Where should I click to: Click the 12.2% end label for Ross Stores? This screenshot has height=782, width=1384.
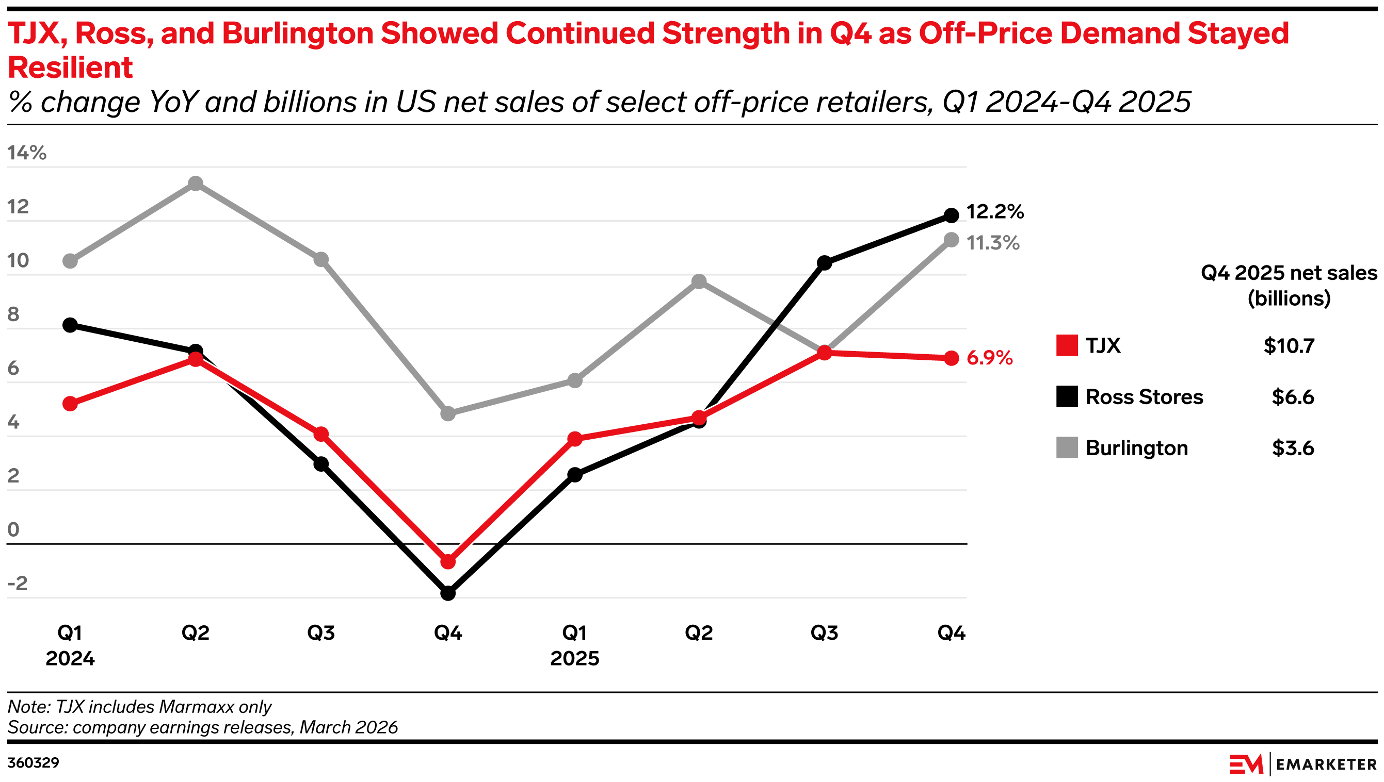pos(994,212)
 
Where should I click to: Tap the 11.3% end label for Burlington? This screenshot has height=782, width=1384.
pos(992,243)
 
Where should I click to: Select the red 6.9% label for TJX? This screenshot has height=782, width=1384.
pos(989,358)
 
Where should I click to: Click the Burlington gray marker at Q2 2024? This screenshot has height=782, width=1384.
pos(196,184)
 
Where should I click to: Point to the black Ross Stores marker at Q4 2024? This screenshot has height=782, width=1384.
pos(448,593)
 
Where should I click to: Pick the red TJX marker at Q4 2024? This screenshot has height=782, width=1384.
pos(448,562)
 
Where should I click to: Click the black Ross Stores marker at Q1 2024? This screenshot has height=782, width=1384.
pos(70,325)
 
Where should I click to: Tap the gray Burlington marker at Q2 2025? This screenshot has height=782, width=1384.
pos(699,281)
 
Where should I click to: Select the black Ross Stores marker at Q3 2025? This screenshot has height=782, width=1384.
pos(824,262)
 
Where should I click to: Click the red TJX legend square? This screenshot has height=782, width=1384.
pos(1066,345)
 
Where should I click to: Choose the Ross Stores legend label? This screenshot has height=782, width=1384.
pos(1144,397)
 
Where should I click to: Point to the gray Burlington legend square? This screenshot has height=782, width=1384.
pos(1066,448)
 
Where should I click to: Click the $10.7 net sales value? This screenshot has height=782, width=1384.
pos(1289,346)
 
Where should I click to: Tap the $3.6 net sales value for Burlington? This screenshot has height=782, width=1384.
pos(1292,448)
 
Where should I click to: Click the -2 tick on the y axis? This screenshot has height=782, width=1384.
pos(17,583)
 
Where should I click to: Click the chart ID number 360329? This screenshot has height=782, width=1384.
pos(34,762)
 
